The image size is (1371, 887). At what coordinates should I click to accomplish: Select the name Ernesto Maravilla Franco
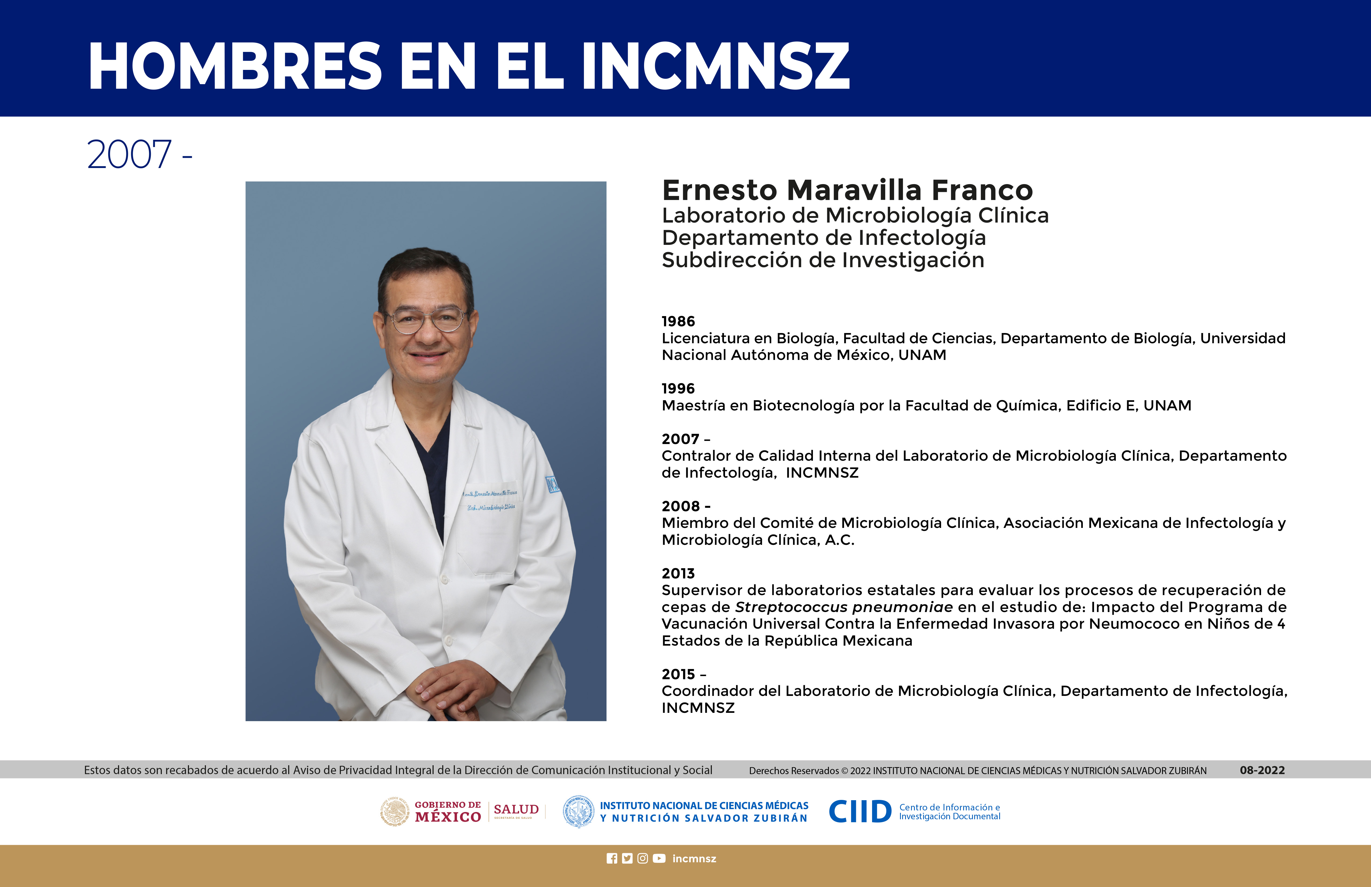847,190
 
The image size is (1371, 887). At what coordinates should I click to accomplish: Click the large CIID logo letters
860,811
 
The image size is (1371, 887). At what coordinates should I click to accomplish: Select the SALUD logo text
516,809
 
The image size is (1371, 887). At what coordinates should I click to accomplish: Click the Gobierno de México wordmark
448,811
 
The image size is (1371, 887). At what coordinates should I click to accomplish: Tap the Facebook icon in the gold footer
612,859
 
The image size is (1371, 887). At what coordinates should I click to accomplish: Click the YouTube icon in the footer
659,859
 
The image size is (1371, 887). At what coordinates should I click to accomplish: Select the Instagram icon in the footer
643,859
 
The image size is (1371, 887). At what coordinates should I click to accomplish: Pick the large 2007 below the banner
129,155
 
